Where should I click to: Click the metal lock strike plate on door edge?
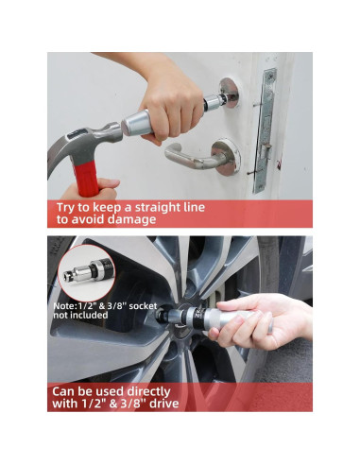tap(266, 130)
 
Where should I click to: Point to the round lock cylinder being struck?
tap(229, 93)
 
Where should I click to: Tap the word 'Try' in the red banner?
tap(65, 208)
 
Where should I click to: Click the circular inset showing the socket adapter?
tap(87, 273)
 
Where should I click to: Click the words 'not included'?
tap(80, 315)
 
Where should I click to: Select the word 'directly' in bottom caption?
tap(148, 392)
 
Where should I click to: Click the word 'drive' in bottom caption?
tap(164, 404)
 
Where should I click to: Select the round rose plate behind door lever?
tap(227, 157)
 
